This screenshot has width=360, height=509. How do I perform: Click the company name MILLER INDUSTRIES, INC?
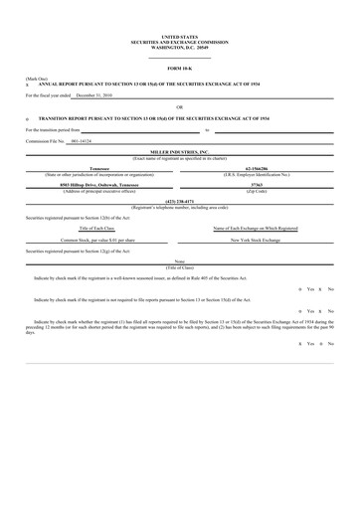[180, 153]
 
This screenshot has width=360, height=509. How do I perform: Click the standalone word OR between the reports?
[180, 105]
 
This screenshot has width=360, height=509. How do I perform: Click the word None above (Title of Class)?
[180, 262]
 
